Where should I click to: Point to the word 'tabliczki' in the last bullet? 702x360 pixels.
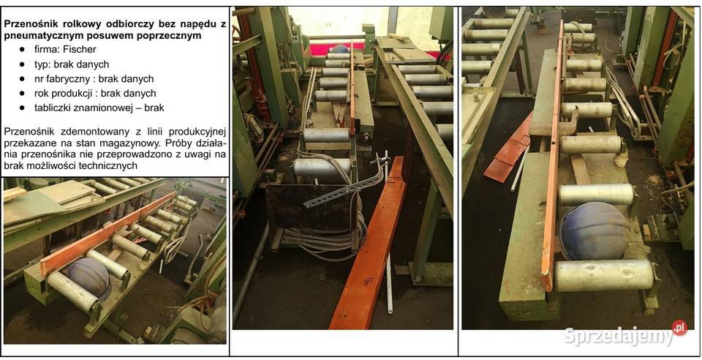coord(53,108)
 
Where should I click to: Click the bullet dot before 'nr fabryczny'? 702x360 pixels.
coord(22,79)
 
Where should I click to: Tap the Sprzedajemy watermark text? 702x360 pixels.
coord(619,336)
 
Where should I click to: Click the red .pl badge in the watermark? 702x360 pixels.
coord(679,327)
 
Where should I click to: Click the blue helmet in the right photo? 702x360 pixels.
coord(594,230)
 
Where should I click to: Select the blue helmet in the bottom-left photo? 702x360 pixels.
coord(88,277)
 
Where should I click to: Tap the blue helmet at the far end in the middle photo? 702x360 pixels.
coord(340,49)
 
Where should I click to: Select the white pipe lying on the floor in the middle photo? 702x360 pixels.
coord(389,282)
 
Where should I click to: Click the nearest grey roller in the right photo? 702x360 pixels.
coord(605,274)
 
